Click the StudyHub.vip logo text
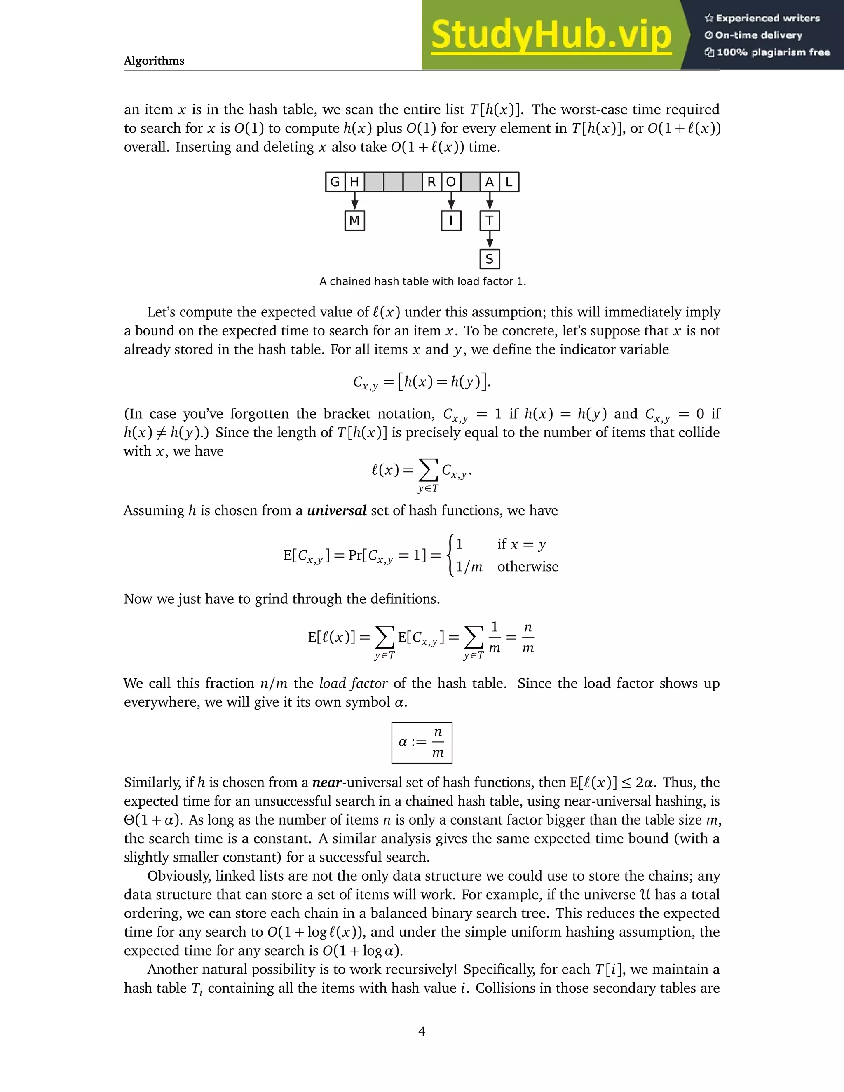[551, 35]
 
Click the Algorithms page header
[154, 61]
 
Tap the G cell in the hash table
[335, 182]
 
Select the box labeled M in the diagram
[354, 220]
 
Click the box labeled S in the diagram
[490, 259]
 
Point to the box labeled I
[451, 220]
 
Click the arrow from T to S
[490, 240]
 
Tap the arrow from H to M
[354, 202]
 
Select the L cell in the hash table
[509, 182]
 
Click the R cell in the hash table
[431, 182]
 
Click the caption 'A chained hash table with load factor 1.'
[422, 281]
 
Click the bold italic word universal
[337, 511]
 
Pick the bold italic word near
[327, 783]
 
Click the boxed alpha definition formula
[422, 743]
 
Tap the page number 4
[422, 1031]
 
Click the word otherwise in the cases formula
[527, 567]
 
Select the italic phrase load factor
[353, 684]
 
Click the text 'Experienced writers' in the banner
[767, 19]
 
